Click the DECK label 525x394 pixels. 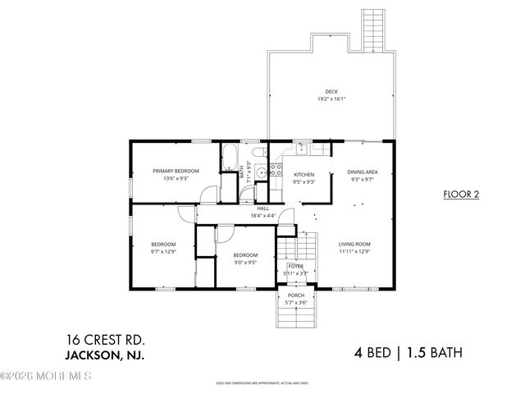tap(331, 91)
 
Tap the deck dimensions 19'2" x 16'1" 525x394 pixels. tap(331, 98)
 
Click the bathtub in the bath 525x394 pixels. tap(229, 158)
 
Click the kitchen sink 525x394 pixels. tap(302, 149)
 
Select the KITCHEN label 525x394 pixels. tap(304, 175)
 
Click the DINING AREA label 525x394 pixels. tap(362, 172)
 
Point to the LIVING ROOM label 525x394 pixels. tap(356, 244)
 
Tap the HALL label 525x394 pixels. tap(262, 208)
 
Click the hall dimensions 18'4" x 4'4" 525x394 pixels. tap(262, 216)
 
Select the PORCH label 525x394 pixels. tap(294, 296)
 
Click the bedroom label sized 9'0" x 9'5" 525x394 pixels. tap(245, 255)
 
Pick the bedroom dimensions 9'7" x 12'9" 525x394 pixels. tap(162, 250)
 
